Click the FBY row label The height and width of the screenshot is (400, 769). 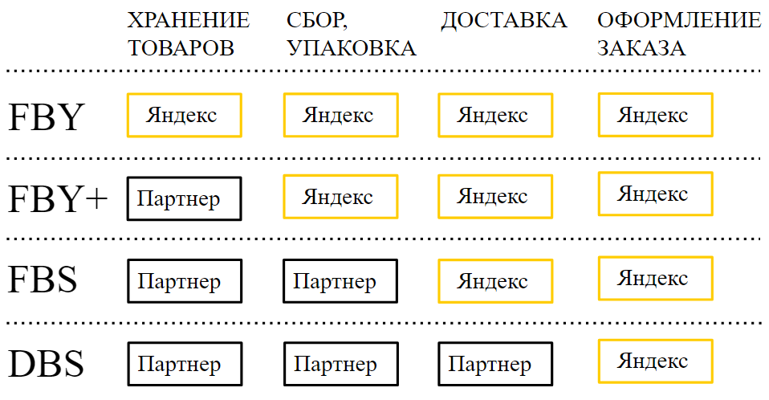point(47,116)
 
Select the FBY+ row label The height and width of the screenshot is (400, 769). point(58,198)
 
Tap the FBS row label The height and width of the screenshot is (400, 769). point(43,280)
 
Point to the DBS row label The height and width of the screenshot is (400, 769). point(46,364)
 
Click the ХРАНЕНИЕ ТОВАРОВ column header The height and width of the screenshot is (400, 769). point(189,35)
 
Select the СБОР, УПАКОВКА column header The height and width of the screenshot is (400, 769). point(351,35)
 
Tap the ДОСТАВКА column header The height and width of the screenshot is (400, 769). point(503,21)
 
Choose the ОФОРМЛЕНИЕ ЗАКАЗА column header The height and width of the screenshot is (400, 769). point(679,35)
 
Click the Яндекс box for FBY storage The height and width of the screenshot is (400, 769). point(185,116)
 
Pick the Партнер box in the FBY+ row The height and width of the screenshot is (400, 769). point(185,198)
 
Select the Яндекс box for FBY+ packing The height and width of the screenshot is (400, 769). point(341,197)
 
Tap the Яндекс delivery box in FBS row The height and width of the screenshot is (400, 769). point(495,281)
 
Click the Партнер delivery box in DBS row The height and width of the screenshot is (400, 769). point(495,364)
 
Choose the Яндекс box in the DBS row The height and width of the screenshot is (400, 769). point(656,361)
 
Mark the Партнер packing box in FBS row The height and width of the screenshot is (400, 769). point(340,281)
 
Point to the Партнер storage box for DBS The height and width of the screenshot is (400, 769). point(185,364)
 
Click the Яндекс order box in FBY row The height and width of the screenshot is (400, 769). point(656,115)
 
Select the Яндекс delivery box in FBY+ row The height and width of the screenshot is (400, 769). point(495,197)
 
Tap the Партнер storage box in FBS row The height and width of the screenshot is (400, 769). point(185,281)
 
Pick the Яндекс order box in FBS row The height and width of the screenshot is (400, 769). point(656,278)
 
